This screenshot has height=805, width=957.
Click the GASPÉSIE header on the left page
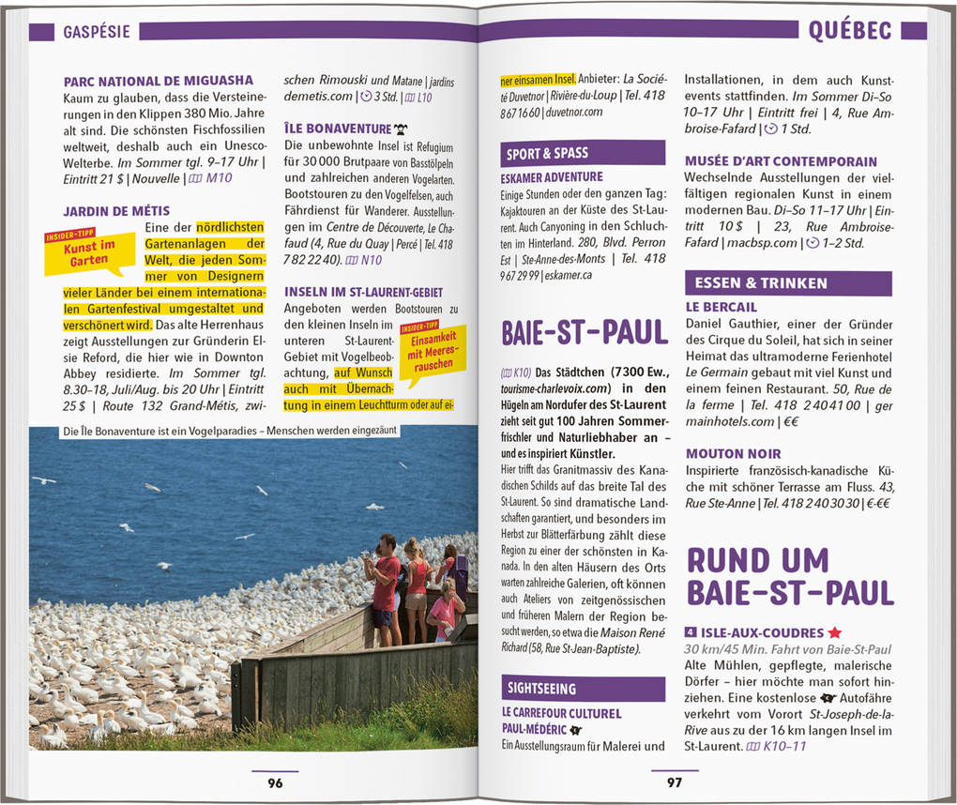(x=97, y=32)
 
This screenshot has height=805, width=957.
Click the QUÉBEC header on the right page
(x=849, y=31)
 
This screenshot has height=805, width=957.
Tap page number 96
(x=275, y=782)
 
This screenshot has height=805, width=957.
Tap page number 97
(x=675, y=782)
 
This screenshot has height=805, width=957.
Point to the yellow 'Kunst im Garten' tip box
(x=90, y=252)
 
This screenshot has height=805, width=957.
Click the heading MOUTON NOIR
(x=734, y=454)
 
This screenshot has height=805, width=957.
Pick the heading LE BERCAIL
(x=722, y=307)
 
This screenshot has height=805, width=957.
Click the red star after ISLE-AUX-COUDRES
(x=835, y=633)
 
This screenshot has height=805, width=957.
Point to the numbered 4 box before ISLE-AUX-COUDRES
(x=691, y=633)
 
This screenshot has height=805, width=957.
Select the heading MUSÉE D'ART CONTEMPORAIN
(x=781, y=161)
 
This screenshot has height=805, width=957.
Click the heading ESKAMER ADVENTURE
(x=553, y=177)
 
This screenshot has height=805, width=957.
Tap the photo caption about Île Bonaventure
(x=230, y=432)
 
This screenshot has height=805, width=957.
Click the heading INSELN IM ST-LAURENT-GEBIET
(x=364, y=293)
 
